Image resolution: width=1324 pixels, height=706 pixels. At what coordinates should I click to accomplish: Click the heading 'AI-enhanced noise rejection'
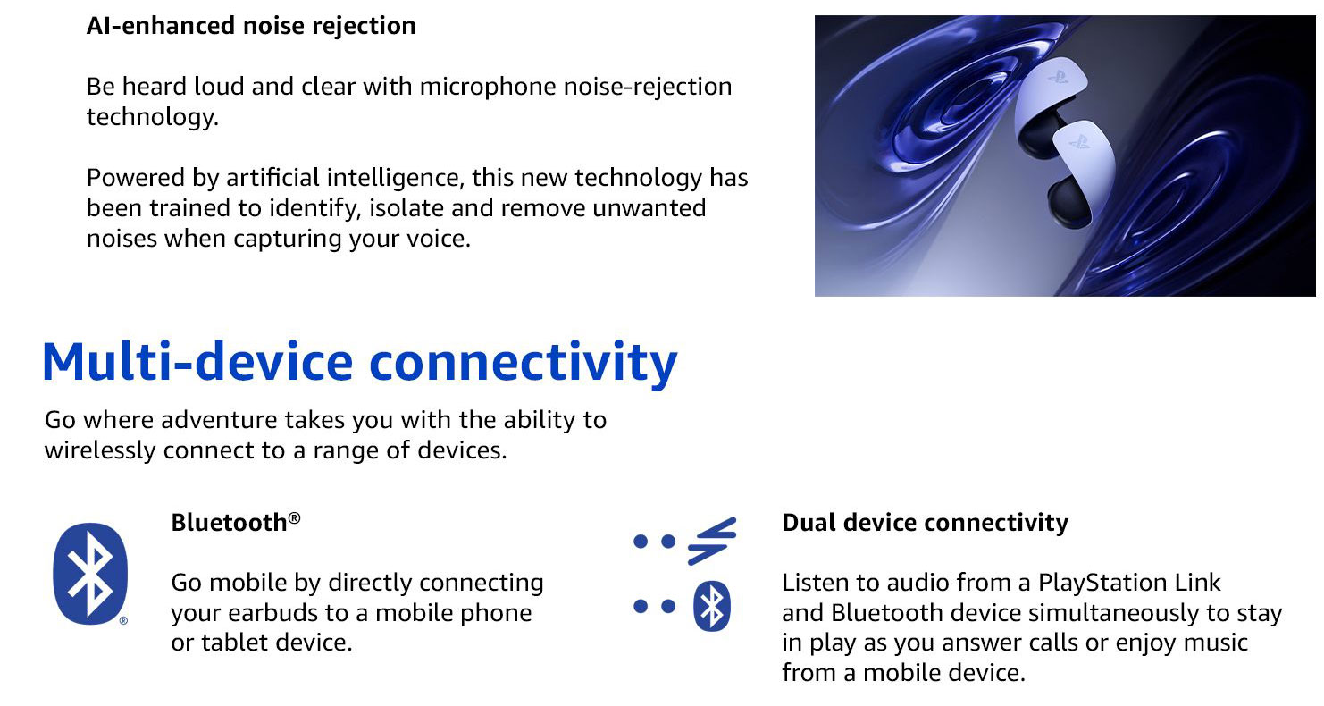(x=251, y=26)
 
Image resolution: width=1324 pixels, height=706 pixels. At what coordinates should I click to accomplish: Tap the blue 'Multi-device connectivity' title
(x=360, y=362)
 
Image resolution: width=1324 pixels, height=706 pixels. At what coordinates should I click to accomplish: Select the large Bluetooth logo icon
(x=90, y=574)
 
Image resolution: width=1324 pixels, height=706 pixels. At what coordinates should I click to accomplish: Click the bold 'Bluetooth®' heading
(x=236, y=523)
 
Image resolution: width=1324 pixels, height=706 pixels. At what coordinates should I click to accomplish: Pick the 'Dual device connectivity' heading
(x=925, y=523)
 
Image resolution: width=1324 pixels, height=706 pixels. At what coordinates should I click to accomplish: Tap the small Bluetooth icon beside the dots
(x=712, y=606)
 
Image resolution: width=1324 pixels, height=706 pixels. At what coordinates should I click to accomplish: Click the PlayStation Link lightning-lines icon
(x=712, y=541)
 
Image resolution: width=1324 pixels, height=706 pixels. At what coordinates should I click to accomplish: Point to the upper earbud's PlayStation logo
(x=1058, y=77)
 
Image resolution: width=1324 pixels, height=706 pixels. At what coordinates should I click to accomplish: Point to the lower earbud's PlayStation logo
(x=1080, y=142)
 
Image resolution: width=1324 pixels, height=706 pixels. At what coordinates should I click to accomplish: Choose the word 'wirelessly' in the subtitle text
(x=100, y=450)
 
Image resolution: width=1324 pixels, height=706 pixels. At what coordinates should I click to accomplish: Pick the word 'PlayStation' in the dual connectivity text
(x=1102, y=583)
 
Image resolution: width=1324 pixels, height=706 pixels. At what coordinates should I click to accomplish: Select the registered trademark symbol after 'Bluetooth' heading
(x=294, y=518)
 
